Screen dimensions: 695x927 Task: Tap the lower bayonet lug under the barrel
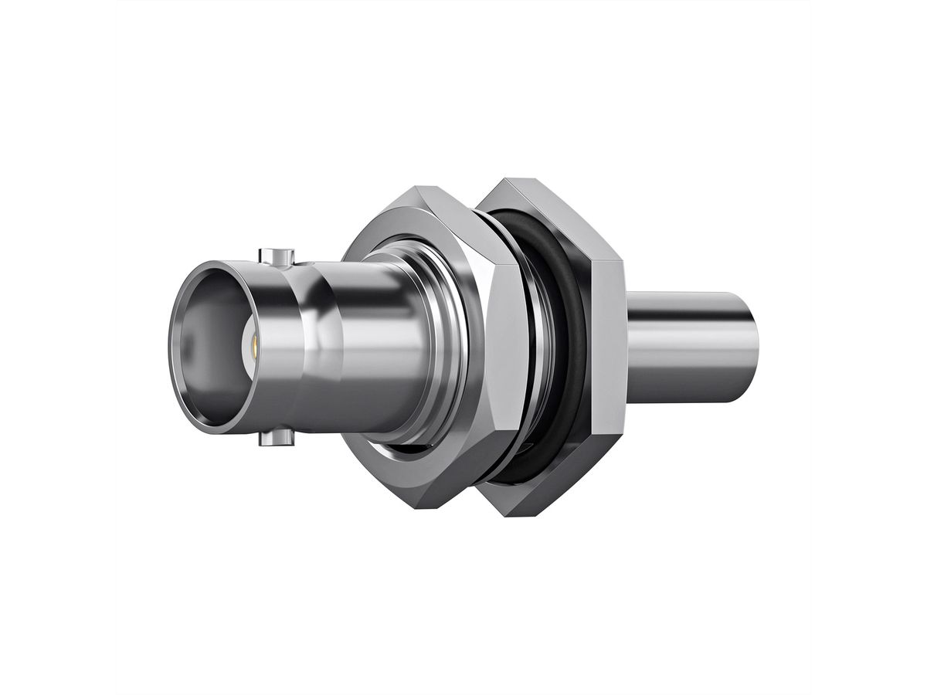pos(277,439)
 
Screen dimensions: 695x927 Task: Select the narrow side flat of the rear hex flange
pos(608,347)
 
